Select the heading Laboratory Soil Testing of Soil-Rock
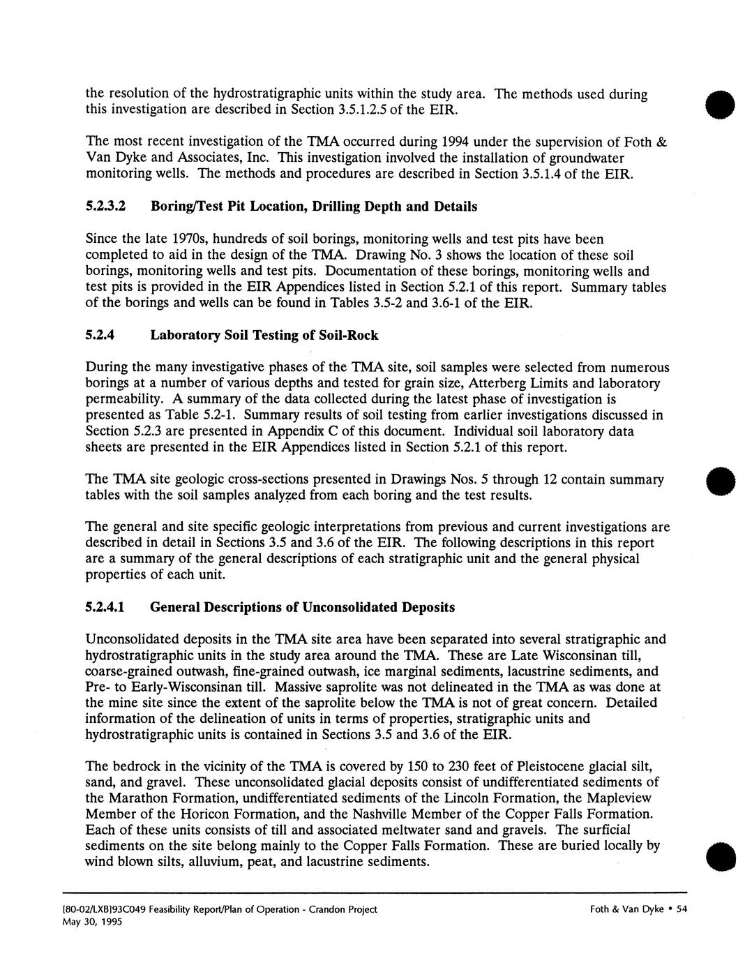coord(264,336)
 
